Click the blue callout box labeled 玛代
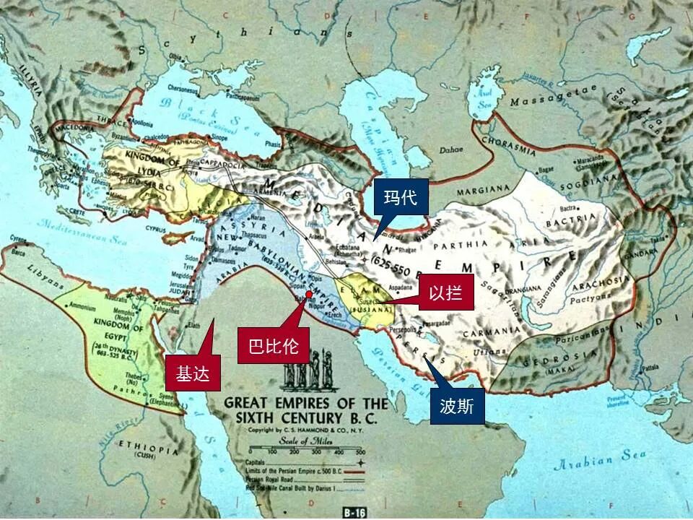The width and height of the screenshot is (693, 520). coord(401,198)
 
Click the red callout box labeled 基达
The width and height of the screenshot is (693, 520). coord(192,374)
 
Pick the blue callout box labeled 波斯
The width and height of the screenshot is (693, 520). coord(457,407)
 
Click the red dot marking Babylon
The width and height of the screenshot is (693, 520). coord(308,295)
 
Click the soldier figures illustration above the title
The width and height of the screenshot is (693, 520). coord(305,370)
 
